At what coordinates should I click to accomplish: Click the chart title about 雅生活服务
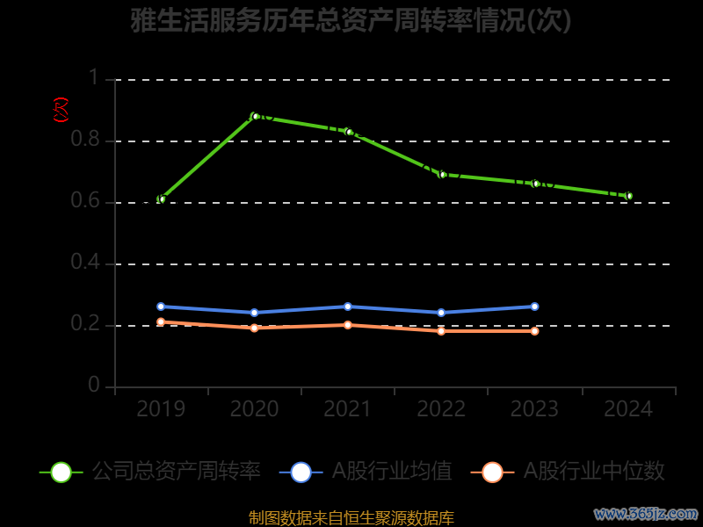click(351, 21)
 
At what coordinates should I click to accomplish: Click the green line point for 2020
click(255, 116)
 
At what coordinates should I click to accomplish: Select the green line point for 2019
click(161, 199)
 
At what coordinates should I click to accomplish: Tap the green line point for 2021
click(348, 132)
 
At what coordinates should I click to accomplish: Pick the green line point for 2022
click(442, 175)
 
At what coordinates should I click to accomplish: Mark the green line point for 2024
click(628, 196)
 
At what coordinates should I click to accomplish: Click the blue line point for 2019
click(161, 307)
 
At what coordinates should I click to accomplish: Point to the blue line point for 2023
click(534, 307)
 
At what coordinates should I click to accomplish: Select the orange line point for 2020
click(255, 328)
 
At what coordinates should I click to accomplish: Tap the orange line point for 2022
click(441, 331)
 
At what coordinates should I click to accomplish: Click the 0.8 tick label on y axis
click(86, 141)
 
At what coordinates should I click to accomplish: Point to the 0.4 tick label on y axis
click(86, 263)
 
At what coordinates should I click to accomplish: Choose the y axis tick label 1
click(93, 79)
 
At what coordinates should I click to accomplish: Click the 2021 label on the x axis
click(348, 409)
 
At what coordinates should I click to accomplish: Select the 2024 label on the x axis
click(628, 409)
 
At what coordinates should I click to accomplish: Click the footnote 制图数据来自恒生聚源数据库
click(351, 518)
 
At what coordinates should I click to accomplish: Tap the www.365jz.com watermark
click(646, 513)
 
